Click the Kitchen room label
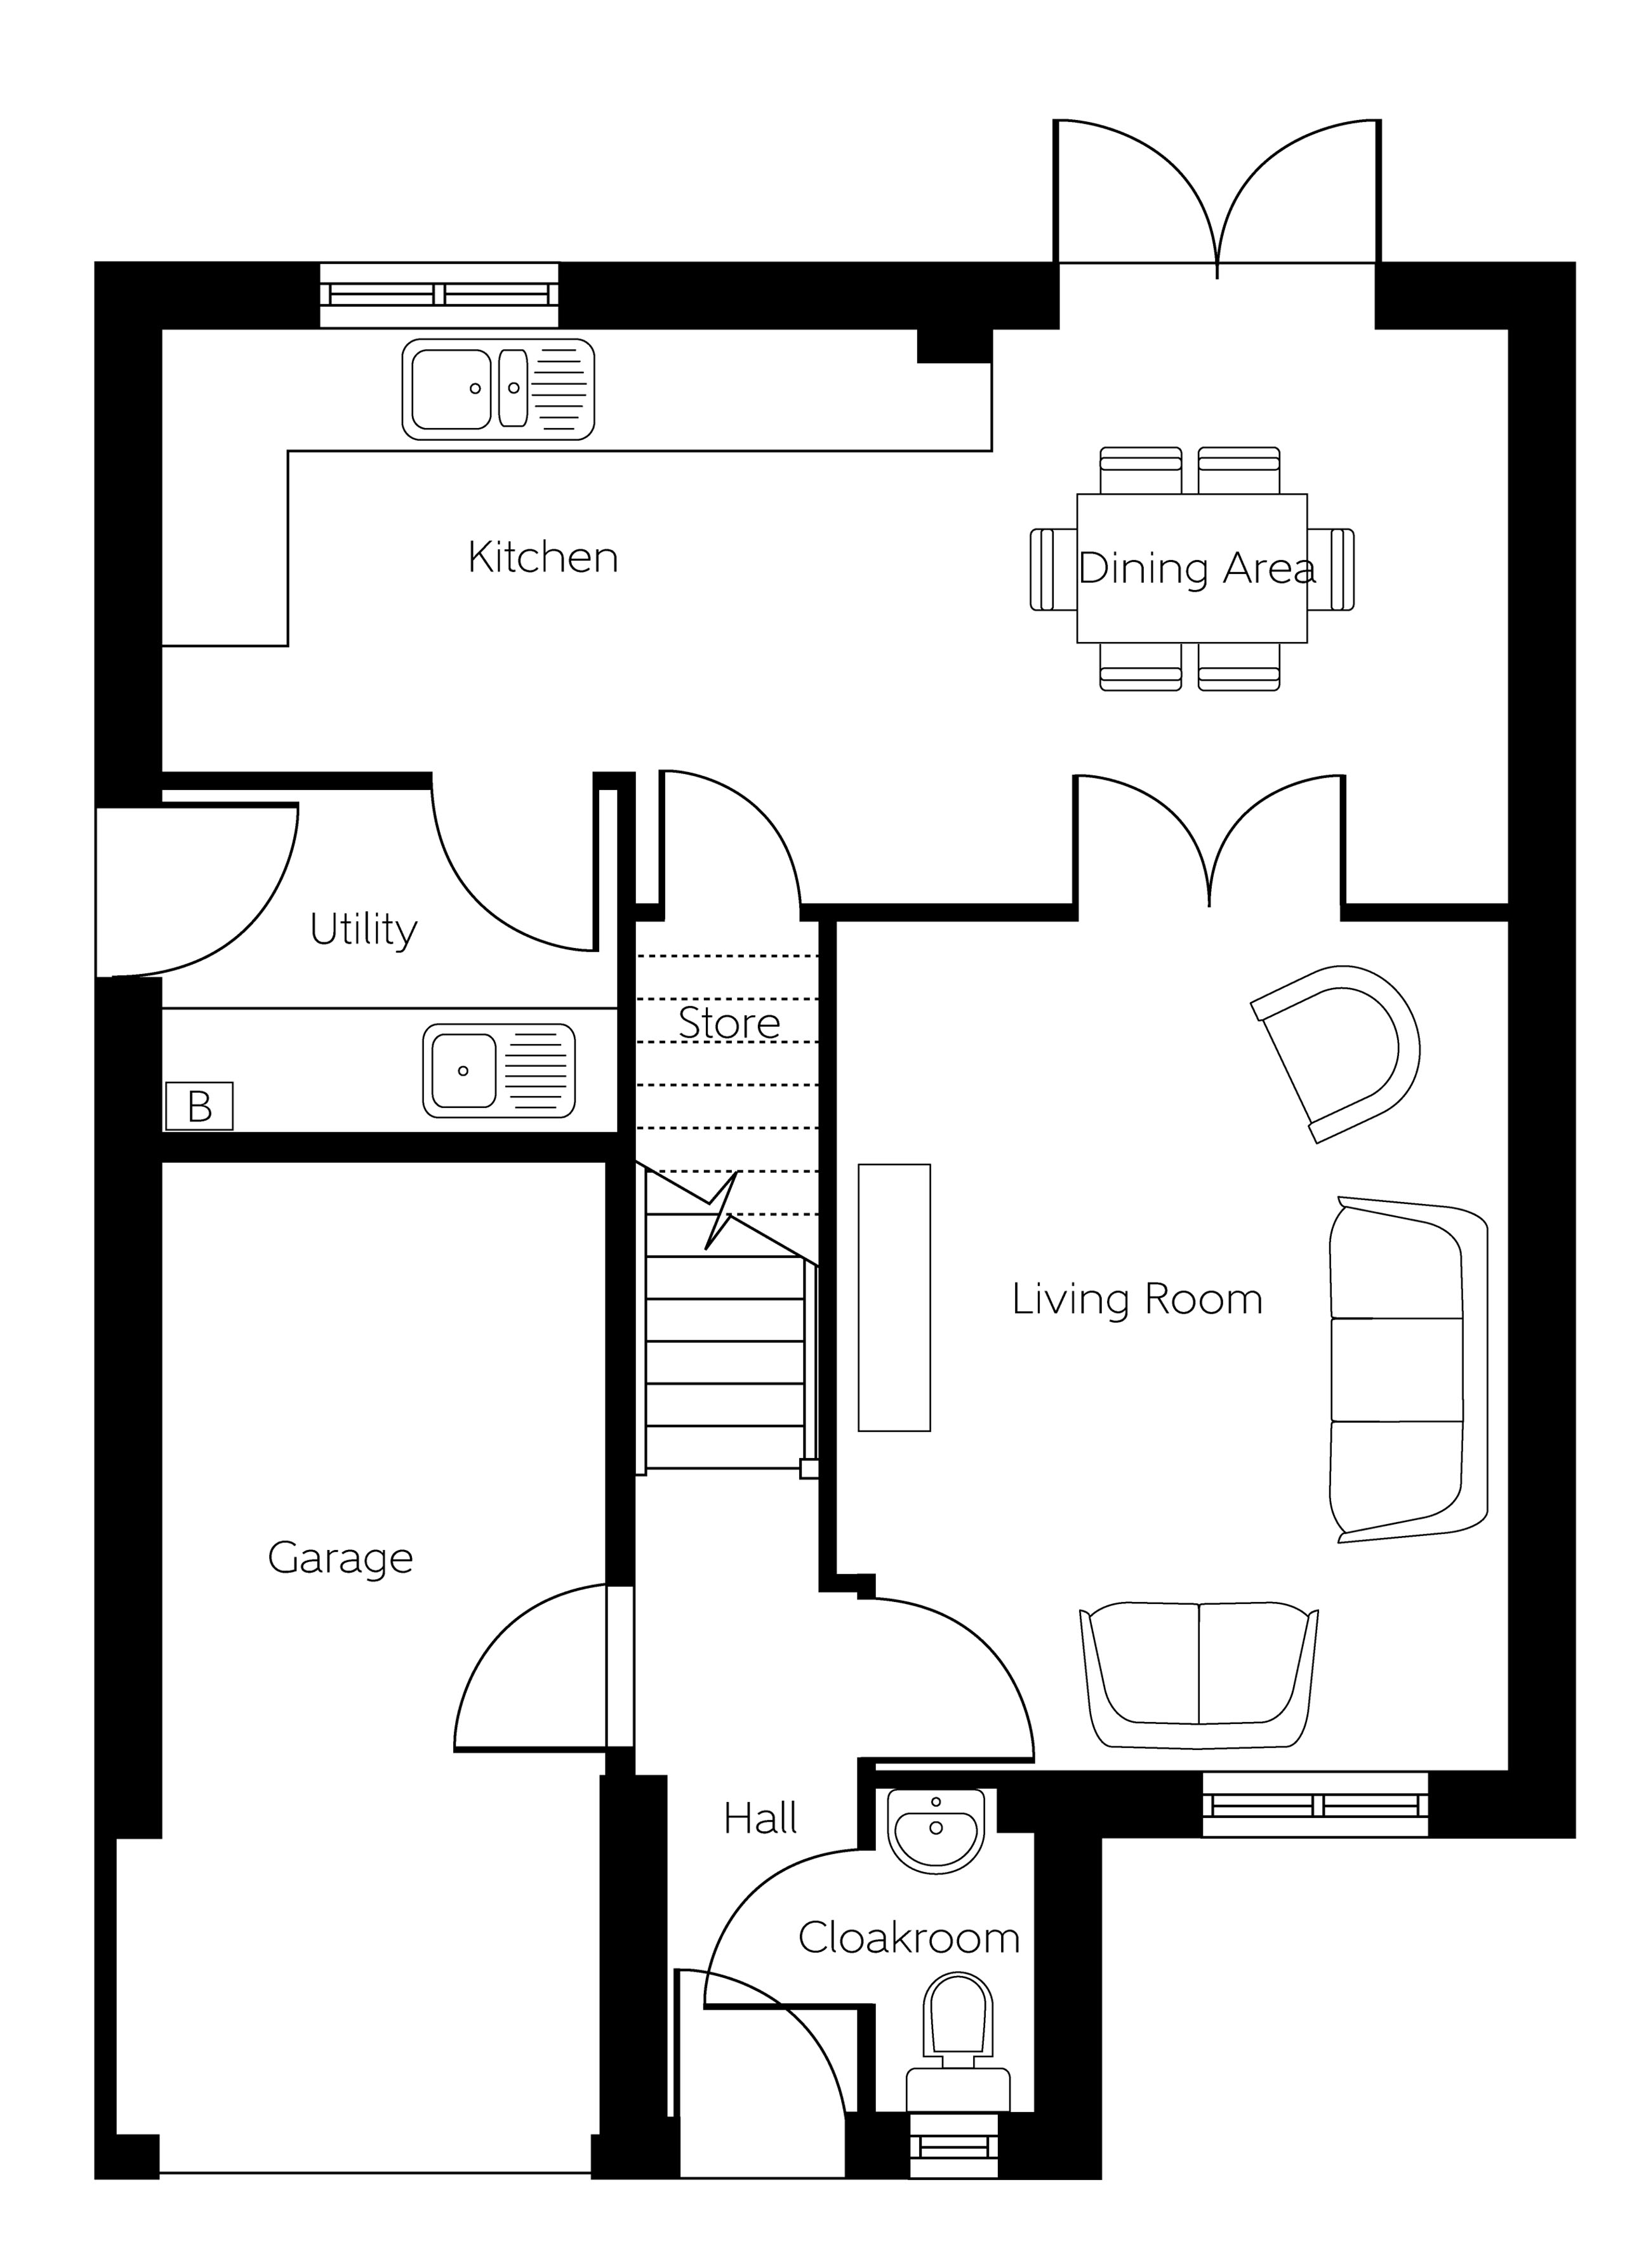click(x=542, y=558)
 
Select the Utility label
click(x=363, y=930)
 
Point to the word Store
click(x=729, y=1022)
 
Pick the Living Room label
click(x=1137, y=1299)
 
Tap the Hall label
click(x=760, y=1819)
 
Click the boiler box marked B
click(x=199, y=1106)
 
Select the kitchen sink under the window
click(x=498, y=389)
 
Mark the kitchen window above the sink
click(x=439, y=295)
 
